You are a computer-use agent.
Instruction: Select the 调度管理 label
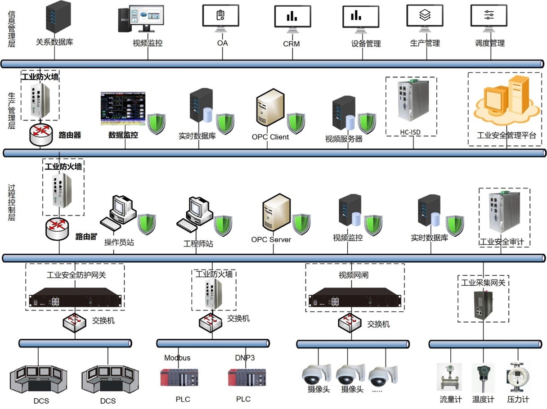tap(490, 43)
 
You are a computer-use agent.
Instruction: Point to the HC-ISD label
tap(411, 132)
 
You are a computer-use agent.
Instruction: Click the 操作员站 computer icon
tap(119, 211)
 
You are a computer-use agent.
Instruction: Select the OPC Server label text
tap(271, 239)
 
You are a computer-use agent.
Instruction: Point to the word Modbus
tap(177, 358)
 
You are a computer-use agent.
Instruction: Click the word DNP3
tap(245, 358)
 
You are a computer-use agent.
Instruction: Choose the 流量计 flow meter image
tap(449, 378)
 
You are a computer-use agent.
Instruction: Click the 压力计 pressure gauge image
tap(518, 378)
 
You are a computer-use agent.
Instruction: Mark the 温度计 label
tap(483, 400)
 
